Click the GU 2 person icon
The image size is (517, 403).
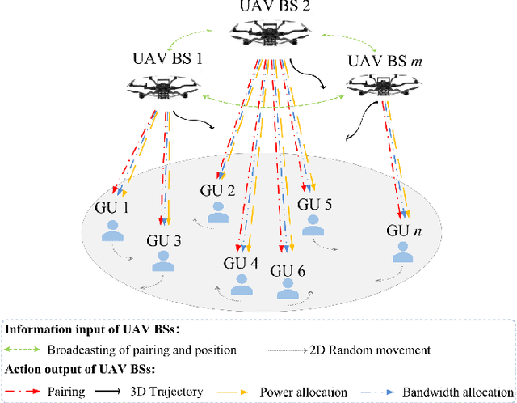coord(217,211)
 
